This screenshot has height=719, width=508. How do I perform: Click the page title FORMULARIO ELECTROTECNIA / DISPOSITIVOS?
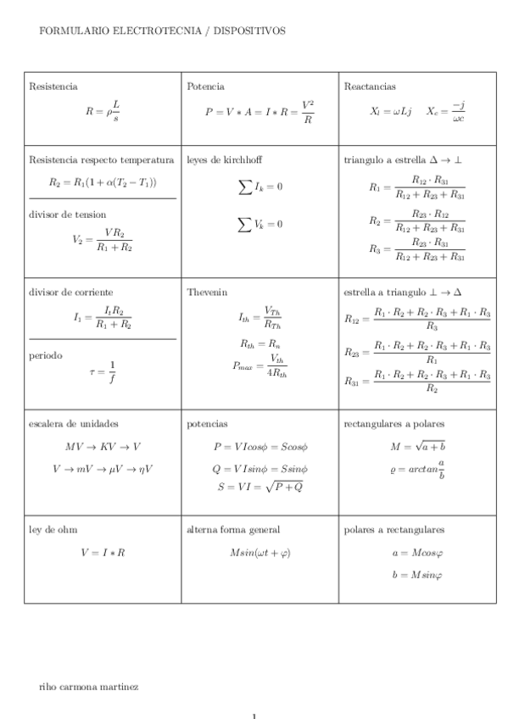[162, 31]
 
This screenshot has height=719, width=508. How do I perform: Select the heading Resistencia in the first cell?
[53, 86]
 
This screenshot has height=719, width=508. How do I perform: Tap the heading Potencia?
[205, 86]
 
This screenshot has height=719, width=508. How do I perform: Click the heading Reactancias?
[370, 86]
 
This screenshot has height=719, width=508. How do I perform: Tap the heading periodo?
[46, 355]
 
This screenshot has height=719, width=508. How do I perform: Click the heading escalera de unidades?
[74, 423]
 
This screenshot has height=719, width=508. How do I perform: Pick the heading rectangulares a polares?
[394, 423]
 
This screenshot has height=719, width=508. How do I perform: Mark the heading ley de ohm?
[53, 529]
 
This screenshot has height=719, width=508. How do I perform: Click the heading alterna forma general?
[233, 529]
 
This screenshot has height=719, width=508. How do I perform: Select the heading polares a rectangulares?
[394, 529]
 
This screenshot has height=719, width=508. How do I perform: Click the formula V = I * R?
[103, 552]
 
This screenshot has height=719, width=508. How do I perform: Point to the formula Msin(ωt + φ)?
[260, 552]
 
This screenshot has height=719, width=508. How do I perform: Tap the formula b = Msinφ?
[417, 575]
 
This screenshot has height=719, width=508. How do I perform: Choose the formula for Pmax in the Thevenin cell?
[260, 366]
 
